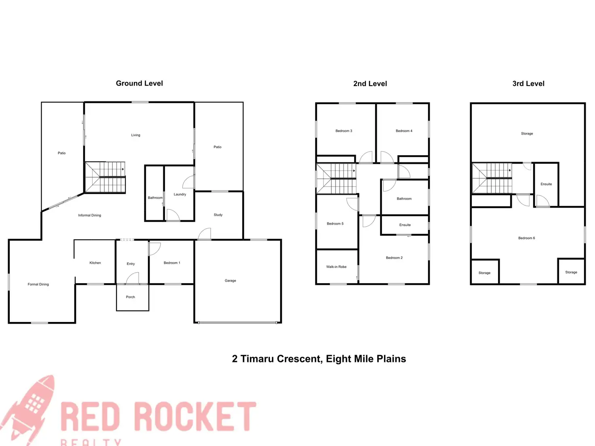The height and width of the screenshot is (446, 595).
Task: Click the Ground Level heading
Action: (x=139, y=83)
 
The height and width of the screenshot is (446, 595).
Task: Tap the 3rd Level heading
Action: (x=528, y=84)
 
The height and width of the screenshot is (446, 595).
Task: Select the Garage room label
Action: (x=230, y=280)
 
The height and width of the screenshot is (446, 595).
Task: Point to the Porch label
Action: (x=130, y=297)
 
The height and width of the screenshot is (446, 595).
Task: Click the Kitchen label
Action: (x=95, y=263)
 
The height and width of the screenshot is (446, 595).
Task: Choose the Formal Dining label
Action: (x=38, y=284)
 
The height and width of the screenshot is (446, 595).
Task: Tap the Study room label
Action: (x=218, y=215)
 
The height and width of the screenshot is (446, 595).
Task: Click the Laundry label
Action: (x=180, y=194)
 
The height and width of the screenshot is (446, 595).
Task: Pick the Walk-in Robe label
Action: (x=336, y=267)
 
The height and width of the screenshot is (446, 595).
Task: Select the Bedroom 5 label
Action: (x=335, y=223)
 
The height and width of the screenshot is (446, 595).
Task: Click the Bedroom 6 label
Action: (x=526, y=238)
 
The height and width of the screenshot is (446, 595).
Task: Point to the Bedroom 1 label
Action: (x=172, y=263)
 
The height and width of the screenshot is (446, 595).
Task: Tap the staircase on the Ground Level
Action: (x=105, y=177)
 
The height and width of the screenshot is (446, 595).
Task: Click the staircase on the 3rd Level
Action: (x=492, y=178)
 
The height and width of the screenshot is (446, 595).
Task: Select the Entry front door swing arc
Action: (x=133, y=278)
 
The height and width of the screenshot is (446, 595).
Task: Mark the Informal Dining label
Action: (x=89, y=215)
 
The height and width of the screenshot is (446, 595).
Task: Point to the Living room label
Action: (x=135, y=135)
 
